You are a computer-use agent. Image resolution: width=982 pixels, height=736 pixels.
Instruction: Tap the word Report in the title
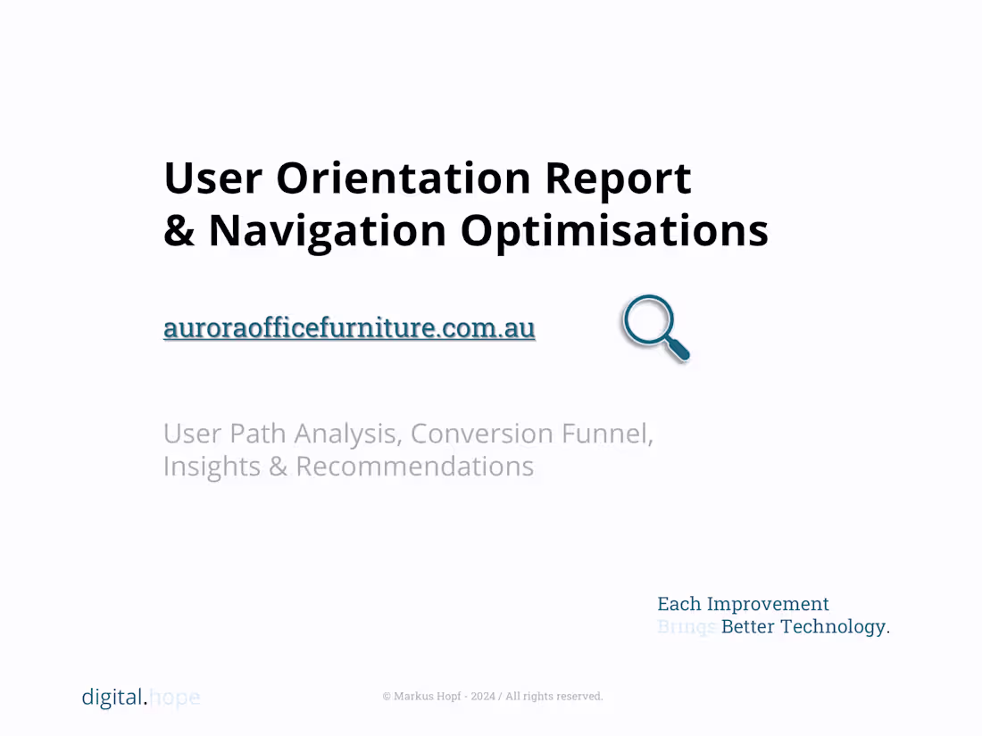(x=618, y=178)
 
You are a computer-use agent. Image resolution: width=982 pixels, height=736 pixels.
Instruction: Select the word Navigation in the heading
(x=327, y=230)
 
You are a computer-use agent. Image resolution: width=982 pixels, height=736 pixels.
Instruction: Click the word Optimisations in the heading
(x=614, y=230)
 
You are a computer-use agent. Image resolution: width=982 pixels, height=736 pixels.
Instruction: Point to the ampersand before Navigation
(x=179, y=230)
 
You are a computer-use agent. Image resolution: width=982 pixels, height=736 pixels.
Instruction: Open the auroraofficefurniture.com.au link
(x=349, y=327)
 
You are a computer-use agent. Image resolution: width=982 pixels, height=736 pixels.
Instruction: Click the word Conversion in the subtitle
(x=482, y=434)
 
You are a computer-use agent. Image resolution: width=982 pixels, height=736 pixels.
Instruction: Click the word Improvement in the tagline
(x=768, y=604)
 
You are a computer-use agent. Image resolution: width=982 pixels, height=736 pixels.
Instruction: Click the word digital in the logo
(x=112, y=697)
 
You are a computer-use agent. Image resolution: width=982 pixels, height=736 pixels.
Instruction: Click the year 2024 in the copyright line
(x=483, y=697)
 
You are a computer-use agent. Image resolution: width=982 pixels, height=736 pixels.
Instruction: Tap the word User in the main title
(x=212, y=178)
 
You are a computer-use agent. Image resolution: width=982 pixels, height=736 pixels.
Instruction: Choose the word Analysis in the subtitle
(x=345, y=434)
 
